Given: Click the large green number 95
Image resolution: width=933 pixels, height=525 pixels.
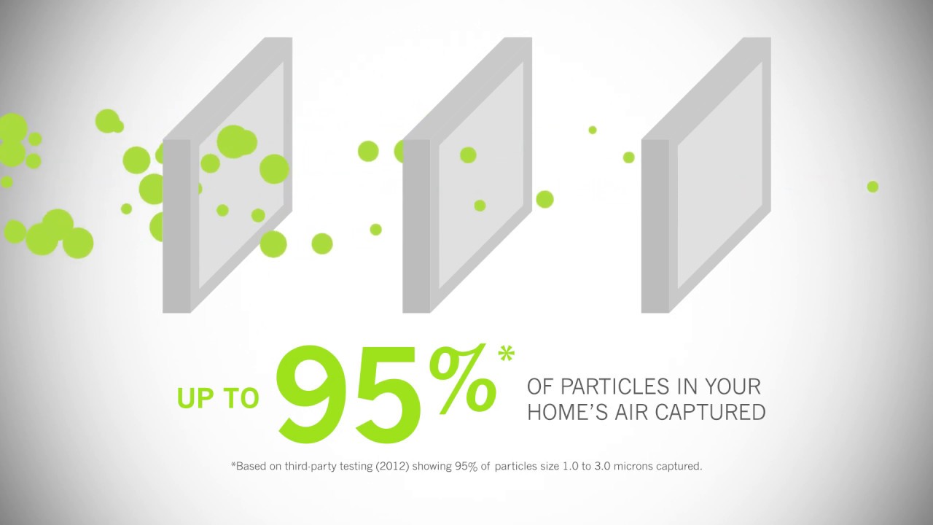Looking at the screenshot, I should pos(350,394).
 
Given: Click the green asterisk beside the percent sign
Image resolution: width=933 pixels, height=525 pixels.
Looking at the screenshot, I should pos(506,354).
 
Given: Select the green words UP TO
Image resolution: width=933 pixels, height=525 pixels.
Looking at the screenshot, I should pos(218,398).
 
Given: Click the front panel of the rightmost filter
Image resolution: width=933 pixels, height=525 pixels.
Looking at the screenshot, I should pos(722,175).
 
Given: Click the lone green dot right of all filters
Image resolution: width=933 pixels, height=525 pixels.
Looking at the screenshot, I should pos(873,187).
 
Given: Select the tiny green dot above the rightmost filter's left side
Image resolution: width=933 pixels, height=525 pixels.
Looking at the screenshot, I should pos(593,130).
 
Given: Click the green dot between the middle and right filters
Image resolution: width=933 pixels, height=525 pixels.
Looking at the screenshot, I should pos(544,199).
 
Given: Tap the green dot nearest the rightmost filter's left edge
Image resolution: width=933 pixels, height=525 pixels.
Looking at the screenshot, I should pos(628,157).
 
